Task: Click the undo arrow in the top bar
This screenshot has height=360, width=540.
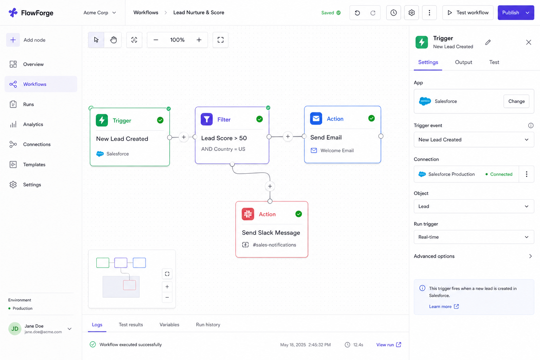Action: click(x=357, y=13)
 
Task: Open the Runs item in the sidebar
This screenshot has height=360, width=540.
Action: click(x=28, y=104)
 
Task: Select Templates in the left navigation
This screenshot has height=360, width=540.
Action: click(x=34, y=165)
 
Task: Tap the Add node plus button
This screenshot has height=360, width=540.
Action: click(x=13, y=40)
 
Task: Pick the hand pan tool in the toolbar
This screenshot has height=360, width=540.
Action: click(x=113, y=40)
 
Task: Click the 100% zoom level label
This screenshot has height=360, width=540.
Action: click(x=177, y=40)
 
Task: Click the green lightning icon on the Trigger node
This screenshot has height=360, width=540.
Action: click(x=102, y=120)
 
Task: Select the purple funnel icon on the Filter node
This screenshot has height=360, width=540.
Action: click(x=207, y=119)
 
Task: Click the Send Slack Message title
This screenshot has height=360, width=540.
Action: click(x=271, y=232)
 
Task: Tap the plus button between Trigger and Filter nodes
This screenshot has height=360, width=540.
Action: click(x=184, y=137)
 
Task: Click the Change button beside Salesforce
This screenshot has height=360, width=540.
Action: click(x=516, y=101)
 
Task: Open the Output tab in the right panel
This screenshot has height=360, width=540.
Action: click(x=463, y=62)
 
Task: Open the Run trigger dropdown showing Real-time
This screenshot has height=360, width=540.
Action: click(x=474, y=237)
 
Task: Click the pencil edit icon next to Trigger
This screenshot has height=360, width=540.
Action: click(x=488, y=42)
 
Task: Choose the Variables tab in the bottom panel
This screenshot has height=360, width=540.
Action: click(x=169, y=324)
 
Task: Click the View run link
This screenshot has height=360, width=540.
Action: click(x=388, y=345)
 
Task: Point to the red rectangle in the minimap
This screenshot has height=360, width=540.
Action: click(x=129, y=285)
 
